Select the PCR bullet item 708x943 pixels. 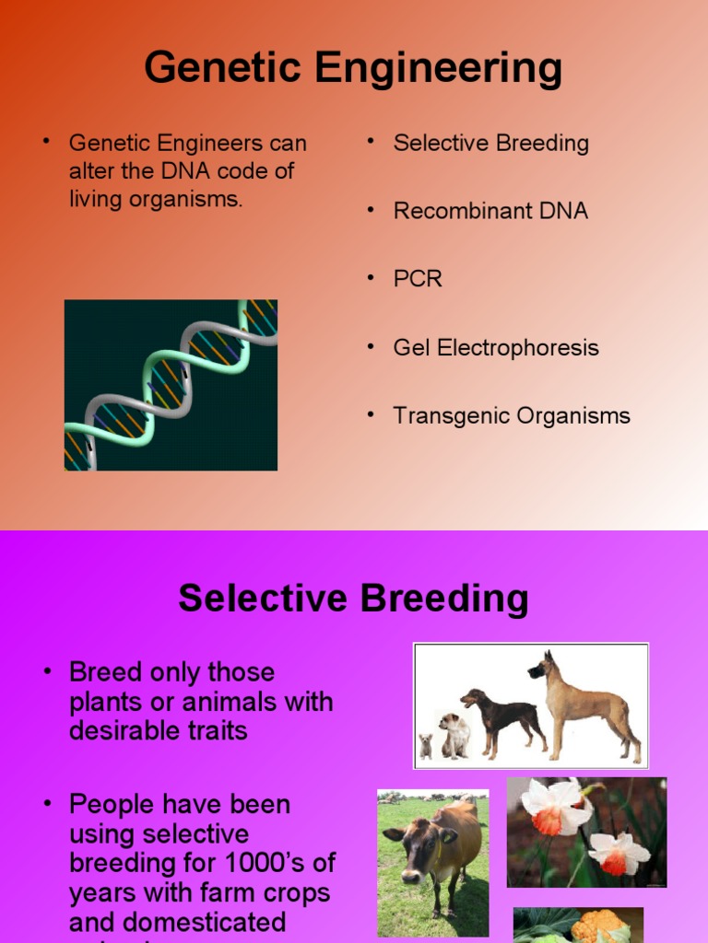click(x=418, y=279)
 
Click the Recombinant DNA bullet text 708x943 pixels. click(x=490, y=211)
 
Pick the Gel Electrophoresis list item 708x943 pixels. click(x=496, y=348)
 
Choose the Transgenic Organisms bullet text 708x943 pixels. click(x=512, y=416)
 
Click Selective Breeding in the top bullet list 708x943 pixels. click(x=490, y=144)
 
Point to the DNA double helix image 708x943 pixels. click(x=171, y=385)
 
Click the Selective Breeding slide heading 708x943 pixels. click(x=353, y=599)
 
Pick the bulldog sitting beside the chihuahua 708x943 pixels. click(x=454, y=734)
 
